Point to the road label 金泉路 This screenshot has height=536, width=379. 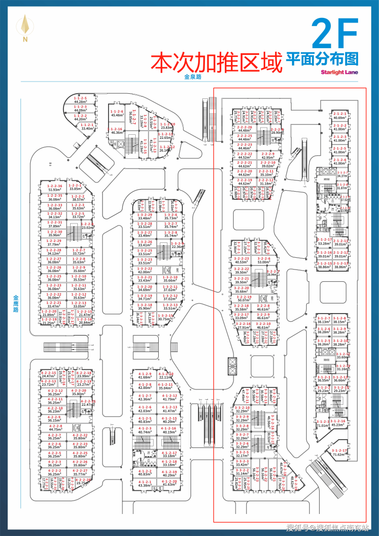point(194,77)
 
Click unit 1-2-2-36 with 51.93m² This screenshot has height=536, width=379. point(55,188)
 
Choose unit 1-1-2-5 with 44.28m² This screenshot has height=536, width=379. point(80,99)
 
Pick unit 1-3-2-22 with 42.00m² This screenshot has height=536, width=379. point(145,270)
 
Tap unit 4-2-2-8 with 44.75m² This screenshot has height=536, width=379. point(55,427)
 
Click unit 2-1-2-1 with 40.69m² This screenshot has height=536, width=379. point(340,115)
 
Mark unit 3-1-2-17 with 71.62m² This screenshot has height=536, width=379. point(339,452)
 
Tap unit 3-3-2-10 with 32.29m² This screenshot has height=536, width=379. point(242,409)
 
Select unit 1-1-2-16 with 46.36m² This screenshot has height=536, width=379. point(117,131)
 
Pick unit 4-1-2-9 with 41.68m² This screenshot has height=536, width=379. point(145,377)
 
